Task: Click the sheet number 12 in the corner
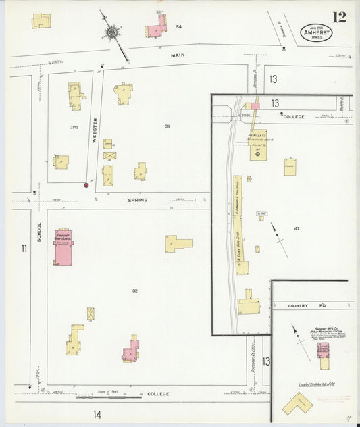click(339, 17)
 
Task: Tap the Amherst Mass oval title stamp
click(313, 33)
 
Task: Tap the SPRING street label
click(136, 200)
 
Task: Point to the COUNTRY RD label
click(298, 305)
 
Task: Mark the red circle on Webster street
click(86, 185)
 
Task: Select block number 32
click(135, 291)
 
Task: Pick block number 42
click(297, 229)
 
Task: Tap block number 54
click(178, 27)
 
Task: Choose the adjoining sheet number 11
click(24, 249)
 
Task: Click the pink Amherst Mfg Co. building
click(322, 351)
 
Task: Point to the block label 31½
click(73, 126)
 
